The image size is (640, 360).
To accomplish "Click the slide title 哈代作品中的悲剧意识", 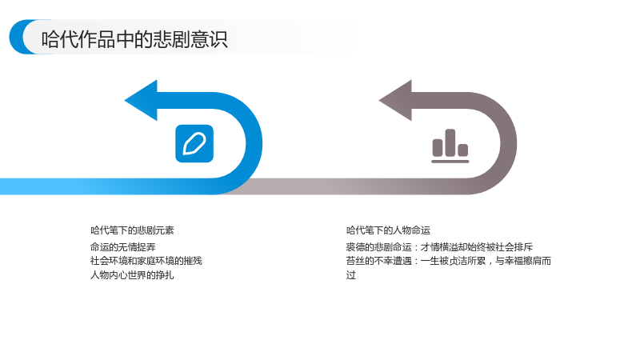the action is [x=134, y=39].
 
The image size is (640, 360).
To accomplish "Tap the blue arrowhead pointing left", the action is [x=141, y=101].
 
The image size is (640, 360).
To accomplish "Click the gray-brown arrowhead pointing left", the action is [x=395, y=101].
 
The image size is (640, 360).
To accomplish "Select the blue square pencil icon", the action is [x=194, y=144].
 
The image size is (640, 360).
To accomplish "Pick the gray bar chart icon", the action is [x=450, y=146].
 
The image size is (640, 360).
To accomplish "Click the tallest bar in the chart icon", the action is [x=450, y=142].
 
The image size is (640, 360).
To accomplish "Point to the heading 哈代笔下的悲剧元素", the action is [x=132, y=230].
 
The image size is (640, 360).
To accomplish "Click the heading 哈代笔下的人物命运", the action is [x=388, y=230].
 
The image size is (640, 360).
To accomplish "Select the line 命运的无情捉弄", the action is [x=123, y=247].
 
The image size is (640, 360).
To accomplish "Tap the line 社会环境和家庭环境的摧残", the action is [x=146, y=261].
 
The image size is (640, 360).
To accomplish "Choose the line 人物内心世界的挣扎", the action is [x=132, y=275].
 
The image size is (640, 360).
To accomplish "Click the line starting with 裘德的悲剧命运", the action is [x=439, y=247].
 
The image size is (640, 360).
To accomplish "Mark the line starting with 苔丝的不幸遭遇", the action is [x=449, y=261].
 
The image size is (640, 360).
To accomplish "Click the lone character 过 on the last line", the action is [x=351, y=275].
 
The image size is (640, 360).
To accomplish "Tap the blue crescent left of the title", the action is [x=18, y=37].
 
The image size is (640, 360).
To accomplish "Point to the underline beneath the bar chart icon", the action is [x=450, y=162].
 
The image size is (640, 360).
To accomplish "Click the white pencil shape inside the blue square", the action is [x=194, y=144].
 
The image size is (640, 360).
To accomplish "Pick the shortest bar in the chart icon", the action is [x=463, y=150].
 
